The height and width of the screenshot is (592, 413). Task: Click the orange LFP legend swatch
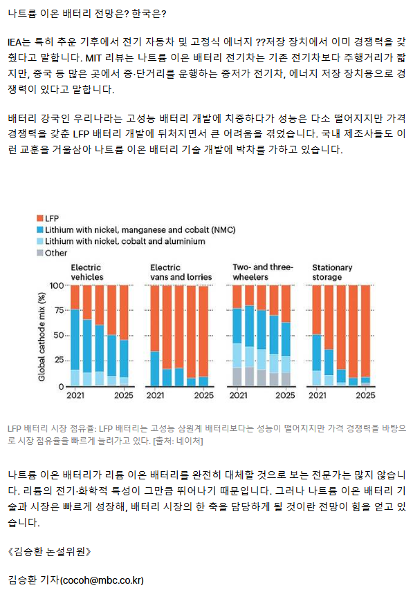[40, 218]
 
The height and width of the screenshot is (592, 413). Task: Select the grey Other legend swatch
[40, 253]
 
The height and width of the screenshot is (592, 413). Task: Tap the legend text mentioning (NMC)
[140, 230]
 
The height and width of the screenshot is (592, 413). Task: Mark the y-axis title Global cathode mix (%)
[42, 337]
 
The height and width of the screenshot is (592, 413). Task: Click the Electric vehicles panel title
[87, 272]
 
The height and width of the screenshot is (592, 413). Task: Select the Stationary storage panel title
[332, 272]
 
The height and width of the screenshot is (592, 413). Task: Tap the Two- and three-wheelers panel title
[263, 272]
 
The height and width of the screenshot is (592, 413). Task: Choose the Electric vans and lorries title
[181, 272]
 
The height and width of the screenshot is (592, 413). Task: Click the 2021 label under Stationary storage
[318, 395]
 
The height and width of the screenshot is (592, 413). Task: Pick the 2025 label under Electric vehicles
[124, 395]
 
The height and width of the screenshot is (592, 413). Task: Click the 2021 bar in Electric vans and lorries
[155, 336]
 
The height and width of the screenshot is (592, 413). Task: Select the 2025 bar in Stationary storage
[365, 336]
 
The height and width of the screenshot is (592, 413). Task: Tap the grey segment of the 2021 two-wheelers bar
[237, 376]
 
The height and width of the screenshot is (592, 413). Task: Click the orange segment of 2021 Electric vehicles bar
[75, 298]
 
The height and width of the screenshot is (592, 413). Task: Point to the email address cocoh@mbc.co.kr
[102, 580]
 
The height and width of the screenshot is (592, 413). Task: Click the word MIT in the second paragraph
[93, 58]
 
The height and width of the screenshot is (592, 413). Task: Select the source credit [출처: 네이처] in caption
[178, 441]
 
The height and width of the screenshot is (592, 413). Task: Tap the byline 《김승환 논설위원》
[49, 552]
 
